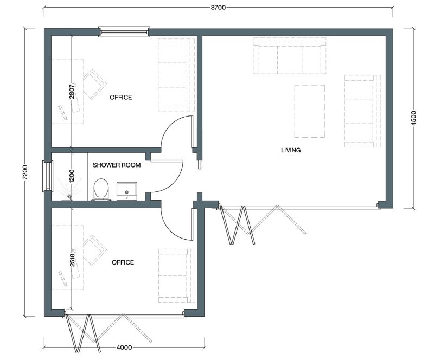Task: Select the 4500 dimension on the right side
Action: pyautogui.click(x=413, y=118)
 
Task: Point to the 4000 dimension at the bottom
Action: pyautogui.click(x=125, y=346)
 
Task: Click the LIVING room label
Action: pyautogui.click(x=291, y=150)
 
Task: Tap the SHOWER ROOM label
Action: pyautogui.click(x=117, y=165)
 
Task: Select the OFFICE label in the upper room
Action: pyautogui.click(x=120, y=98)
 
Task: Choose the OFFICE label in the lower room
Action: pyautogui.click(x=123, y=262)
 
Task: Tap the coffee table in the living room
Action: pyautogui.click(x=310, y=111)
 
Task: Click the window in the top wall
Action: pyautogui.click(x=124, y=33)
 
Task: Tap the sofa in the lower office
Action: pyautogui.click(x=176, y=275)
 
